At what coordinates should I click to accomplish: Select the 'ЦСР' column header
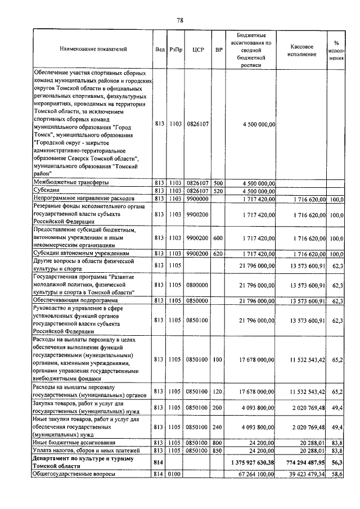click(197, 49)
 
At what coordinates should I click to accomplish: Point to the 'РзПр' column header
click(174, 49)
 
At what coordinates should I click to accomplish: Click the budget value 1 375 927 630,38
click(249, 462)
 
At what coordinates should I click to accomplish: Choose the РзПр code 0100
click(174, 475)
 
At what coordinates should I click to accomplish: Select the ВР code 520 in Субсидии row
click(218, 191)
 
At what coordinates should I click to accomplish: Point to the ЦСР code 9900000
click(197, 199)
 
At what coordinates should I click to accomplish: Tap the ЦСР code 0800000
click(197, 285)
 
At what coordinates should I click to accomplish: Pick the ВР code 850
click(218, 451)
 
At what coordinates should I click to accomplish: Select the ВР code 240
click(218, 427)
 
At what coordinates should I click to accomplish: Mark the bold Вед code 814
click(159, 462)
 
